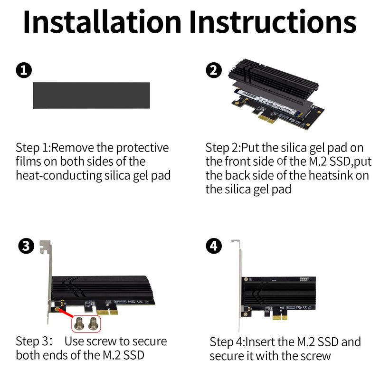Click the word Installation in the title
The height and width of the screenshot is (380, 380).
pyautogui.click(x=102, y=22)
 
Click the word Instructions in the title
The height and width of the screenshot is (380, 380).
pyautogui.click(x=273, y=22)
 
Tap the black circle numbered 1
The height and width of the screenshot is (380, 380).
pyautogui.click(x=24, y=70)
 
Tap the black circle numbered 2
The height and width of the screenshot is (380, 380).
pyautogui.click(x=213, y=70)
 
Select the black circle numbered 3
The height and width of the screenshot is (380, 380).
pyautogui.click(x=26, y=246)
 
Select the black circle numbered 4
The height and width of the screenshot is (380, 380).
pyautogui.click(x=213, y=246)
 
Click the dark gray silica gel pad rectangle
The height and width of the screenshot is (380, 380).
pyautogui.click(x=91, y=95)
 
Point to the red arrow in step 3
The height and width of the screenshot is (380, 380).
pyautogui.click(x=66, y=313)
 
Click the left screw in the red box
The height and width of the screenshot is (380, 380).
pyautogui.click(x=79, y=323)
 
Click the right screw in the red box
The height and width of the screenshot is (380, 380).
pyautogui.click(x=93, y=323)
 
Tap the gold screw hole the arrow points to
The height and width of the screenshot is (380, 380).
pyautogui.click(x=57, y=310)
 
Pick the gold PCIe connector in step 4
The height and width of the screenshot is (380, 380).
pyautogui.click(x=280, y=317)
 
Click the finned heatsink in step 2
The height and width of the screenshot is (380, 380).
pyautogui.click(x=274, y=77)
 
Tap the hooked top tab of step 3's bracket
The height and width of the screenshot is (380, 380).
pyautogui.click(x=45, y=247)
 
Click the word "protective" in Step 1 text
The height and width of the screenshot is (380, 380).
pyautogui.click(x=142, y=148)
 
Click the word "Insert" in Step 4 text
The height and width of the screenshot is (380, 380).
pyautogui.click(x=260, y=342)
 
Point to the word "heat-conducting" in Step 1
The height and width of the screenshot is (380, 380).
pyautogui.click(x=59, y=176)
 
